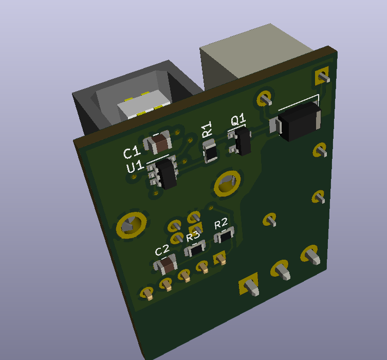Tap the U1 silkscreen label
click(135, 166)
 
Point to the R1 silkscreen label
click(207, 129)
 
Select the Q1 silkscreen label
click(238, 119)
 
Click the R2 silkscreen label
click(220, 223)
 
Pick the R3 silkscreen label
click(193, 236)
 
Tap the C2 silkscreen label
click(162, 250)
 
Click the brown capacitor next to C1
click(158, 142)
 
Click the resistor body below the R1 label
click(210, 151)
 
